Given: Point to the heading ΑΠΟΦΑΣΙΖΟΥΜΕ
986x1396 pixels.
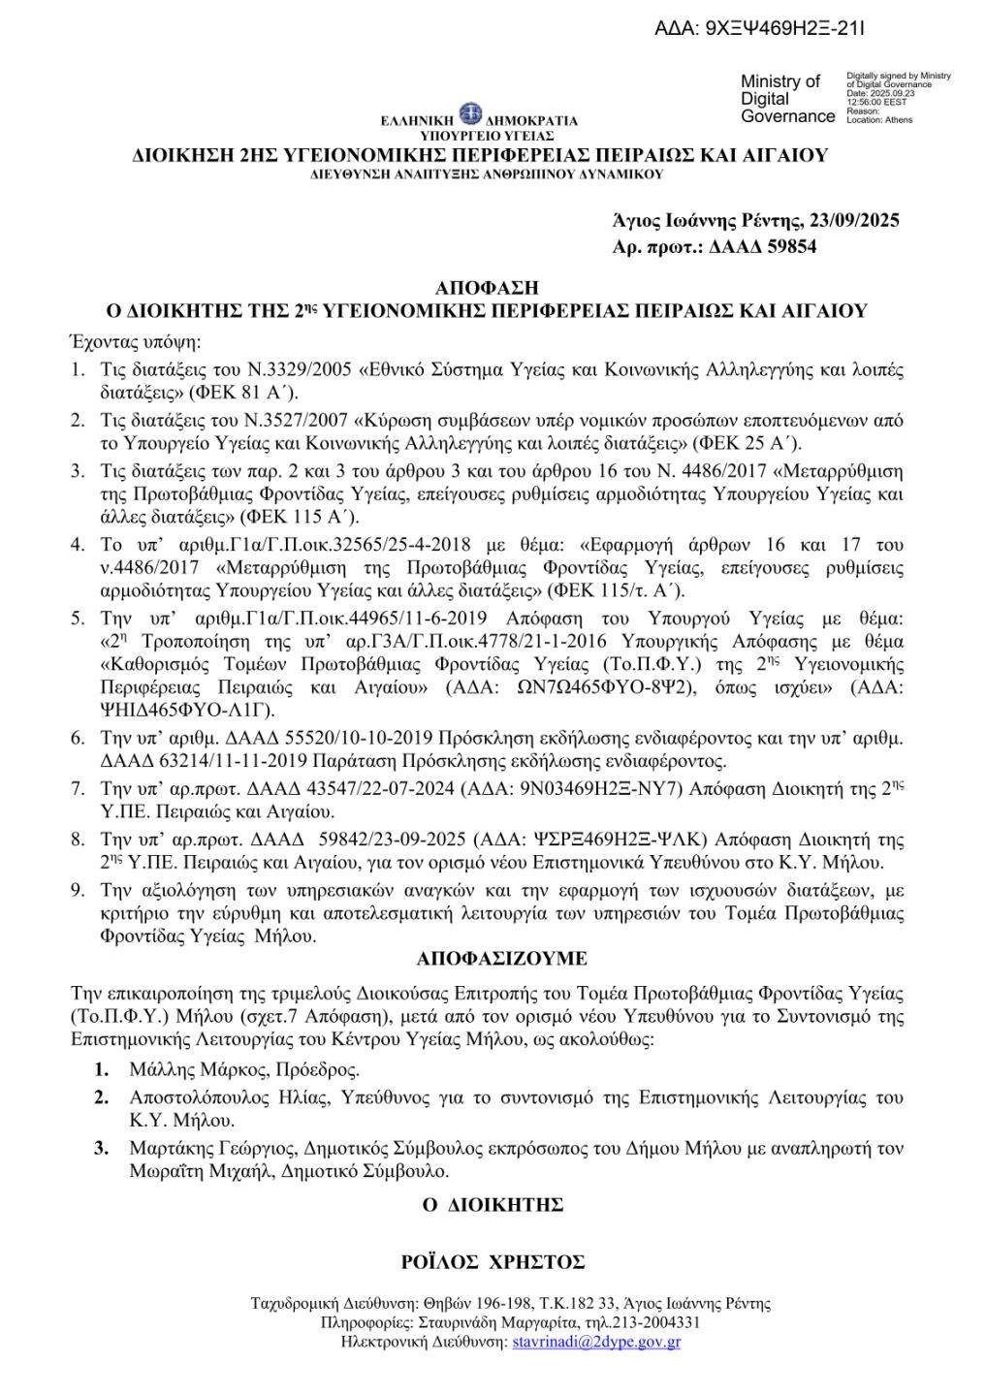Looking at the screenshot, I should (x=501, y=959).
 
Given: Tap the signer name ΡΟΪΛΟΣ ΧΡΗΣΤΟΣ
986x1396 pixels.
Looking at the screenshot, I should (x=493, y=1262).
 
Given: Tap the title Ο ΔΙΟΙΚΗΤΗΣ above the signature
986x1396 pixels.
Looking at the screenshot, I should (x=493, y=1205).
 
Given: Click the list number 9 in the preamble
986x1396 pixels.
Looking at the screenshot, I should (x=78, y=889).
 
